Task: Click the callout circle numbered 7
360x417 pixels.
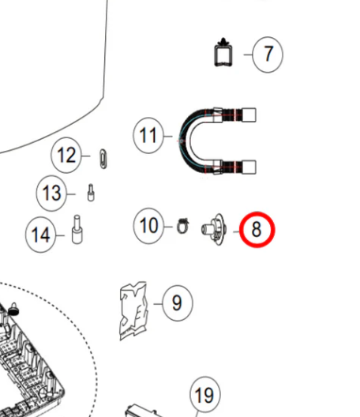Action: click(x=268, y=54)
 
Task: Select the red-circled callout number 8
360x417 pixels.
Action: click(x=257, y=230)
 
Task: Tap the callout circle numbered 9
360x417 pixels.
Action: click(x=178, y=303)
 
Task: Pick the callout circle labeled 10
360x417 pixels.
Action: click(x=148, y=226)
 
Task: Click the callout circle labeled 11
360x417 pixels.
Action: click(x=148, y=135)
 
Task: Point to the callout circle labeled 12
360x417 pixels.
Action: click(x=66, y=155)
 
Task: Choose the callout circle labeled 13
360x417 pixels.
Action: click(x=51, y=193)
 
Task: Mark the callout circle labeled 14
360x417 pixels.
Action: click(x=41, y=235)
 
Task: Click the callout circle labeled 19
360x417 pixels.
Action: click(x=205, y=395)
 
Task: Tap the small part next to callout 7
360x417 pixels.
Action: click(x=223, y=53)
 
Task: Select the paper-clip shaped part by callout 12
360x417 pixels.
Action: click(x=103, y=159)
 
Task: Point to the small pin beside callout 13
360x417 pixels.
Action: click(x=91, y=193)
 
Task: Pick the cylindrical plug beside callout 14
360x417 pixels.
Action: click(x=77, y=229)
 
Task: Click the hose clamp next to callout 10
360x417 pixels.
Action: click(x=183, y=227)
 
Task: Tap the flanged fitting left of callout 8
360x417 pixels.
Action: click(x=214, y=229)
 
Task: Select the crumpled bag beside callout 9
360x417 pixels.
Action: click(x=133, y=311)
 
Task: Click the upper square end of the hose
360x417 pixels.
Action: click(x=249, y=115)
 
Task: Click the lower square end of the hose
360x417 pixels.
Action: click(x=249, y=167)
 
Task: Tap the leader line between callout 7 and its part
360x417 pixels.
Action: click(x=248, y=54)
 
